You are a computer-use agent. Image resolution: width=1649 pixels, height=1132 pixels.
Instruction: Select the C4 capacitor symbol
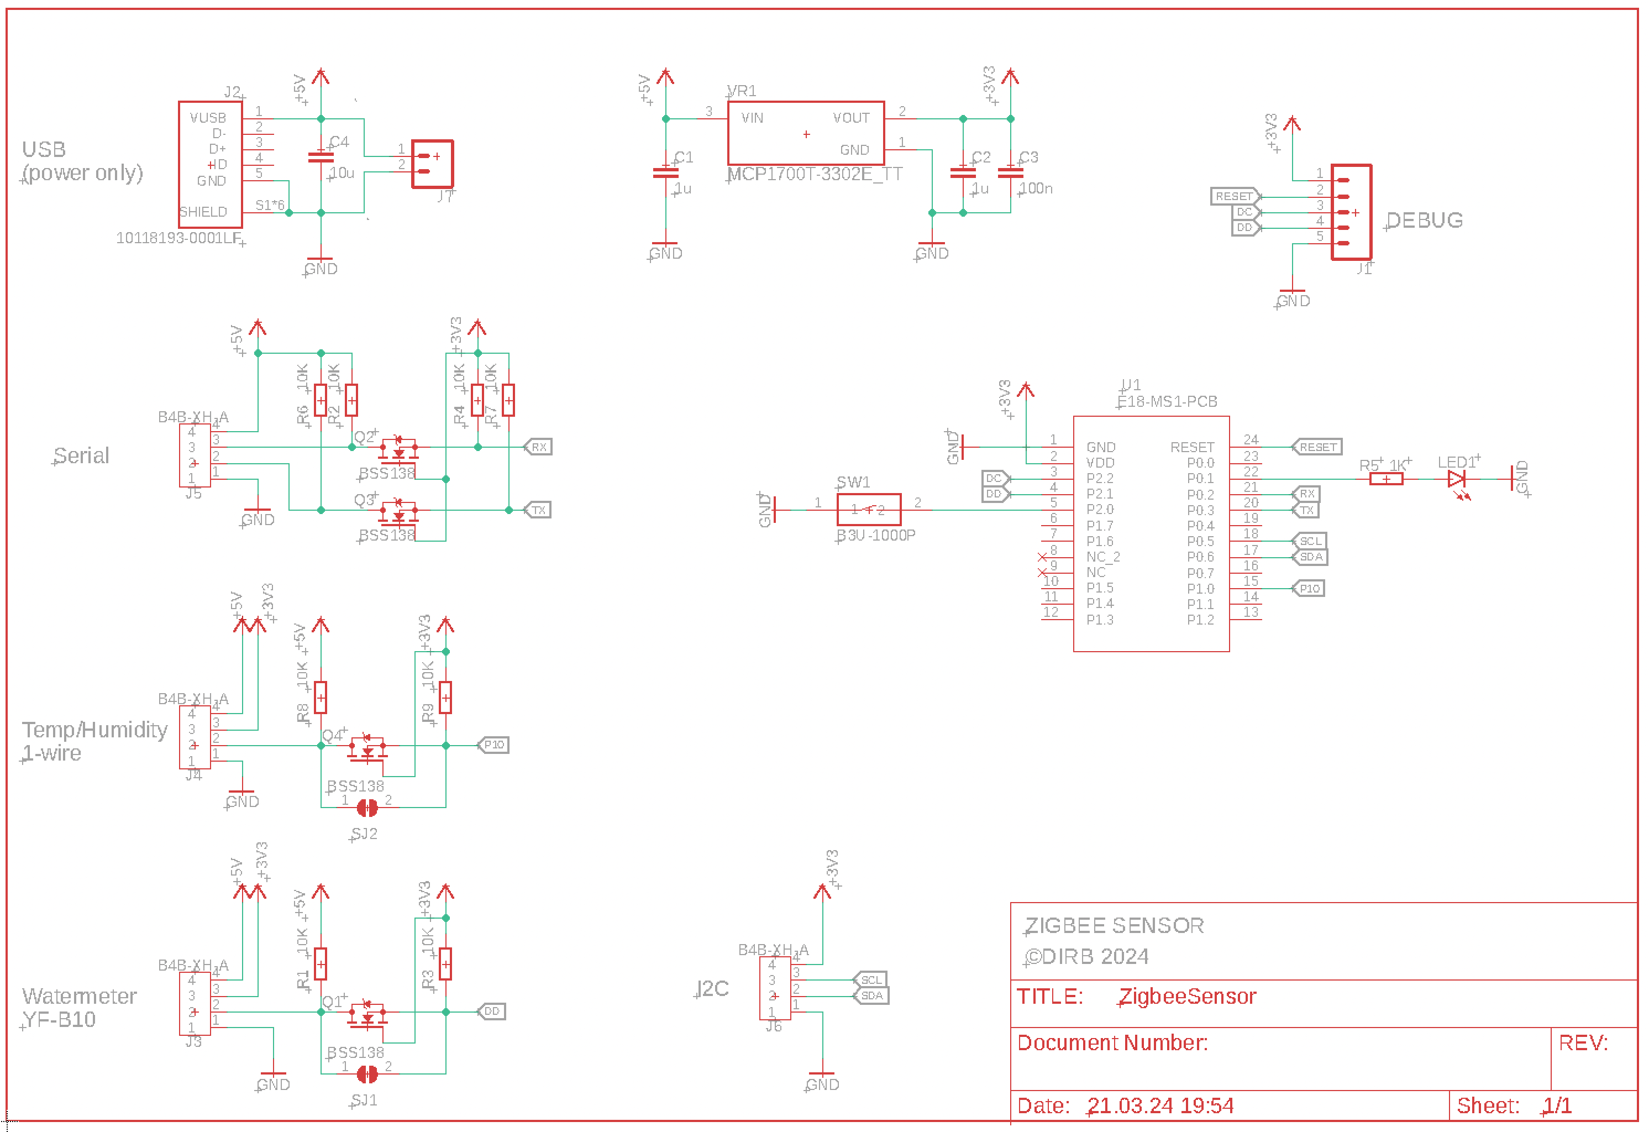[321, 157]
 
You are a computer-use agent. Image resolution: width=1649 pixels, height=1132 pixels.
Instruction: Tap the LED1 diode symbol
[1457, 480]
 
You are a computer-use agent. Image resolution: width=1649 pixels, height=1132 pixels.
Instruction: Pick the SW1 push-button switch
[869, 510]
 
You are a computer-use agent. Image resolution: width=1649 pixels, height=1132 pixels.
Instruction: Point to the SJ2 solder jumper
[367, 808]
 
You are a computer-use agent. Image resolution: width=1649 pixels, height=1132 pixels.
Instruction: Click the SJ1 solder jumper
[367, 1075]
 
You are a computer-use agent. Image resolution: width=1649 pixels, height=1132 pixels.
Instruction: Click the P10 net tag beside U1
[1309, 588]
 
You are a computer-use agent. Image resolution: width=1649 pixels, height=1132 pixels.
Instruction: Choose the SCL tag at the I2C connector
[870, 980]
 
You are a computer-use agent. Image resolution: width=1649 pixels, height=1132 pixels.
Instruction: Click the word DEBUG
[1424, 220]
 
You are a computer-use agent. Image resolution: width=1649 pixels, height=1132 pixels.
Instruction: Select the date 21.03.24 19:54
[1161, 1105]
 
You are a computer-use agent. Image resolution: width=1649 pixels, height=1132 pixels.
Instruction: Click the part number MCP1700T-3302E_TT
[815, 175]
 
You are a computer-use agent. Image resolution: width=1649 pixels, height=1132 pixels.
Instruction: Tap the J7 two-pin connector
[432, 164]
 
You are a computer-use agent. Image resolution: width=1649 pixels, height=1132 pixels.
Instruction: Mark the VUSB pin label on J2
[208, 118]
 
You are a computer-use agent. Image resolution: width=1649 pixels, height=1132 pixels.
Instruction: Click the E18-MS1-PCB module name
[1167, 402]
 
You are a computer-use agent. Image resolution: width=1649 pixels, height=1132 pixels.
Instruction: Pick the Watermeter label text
[80, 997]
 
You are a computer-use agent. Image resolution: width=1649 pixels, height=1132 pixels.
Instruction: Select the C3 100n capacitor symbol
[1010, 172]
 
